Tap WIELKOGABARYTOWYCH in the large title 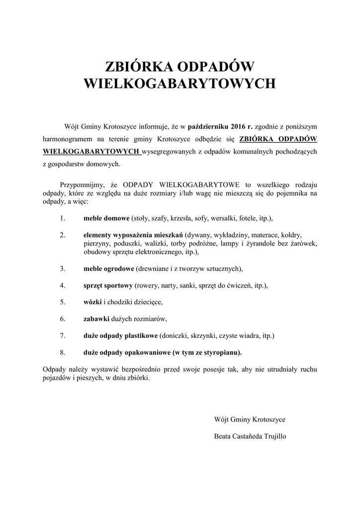coord(180,83)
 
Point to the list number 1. coord(62,218)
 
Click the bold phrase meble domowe coord(106,218)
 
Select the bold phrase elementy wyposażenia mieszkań coord(133,235)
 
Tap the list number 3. coord(63,268)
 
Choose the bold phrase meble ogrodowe coord(108,268)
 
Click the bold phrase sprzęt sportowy coord(107,285)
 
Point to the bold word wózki coord(92,302)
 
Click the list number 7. coord(63,336)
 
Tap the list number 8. coord(63,352)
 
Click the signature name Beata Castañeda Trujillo coord(250,436)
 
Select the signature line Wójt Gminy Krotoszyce coord(249,420)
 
